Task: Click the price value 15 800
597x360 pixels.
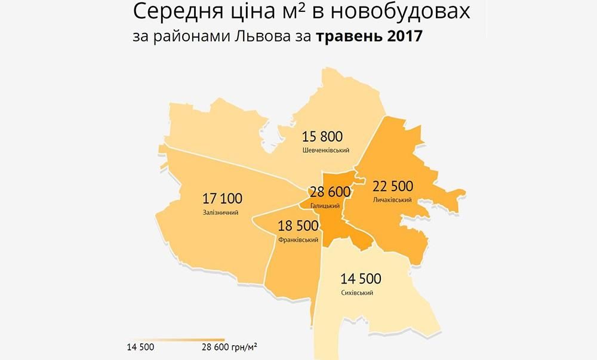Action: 323,137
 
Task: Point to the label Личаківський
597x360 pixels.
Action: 392,199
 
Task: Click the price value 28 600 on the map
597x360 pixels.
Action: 330,192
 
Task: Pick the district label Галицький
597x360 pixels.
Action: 325,205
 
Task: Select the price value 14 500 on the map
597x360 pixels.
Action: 361,278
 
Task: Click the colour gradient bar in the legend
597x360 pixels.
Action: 179,338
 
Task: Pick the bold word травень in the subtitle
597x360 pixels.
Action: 342,37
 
